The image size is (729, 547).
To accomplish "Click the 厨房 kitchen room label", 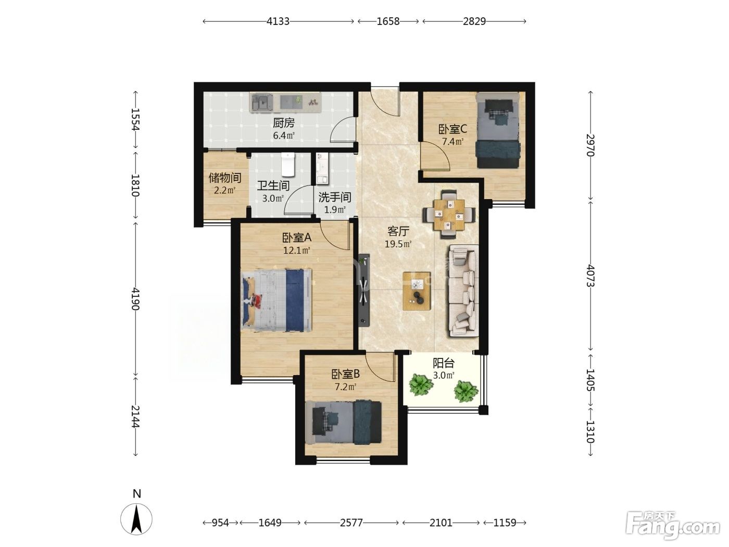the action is [284, 123].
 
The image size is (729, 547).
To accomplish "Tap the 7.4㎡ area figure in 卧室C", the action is [453, 142].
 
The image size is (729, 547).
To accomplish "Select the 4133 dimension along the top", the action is [278, 21].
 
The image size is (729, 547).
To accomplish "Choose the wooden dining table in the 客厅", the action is [449, 215].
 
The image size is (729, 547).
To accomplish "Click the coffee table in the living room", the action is [417, 291].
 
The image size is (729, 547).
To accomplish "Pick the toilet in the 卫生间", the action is [288, 164].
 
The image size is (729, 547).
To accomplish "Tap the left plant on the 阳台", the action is [421, 385].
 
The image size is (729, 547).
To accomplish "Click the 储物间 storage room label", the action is [225, 178].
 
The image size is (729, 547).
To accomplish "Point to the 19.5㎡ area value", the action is [398, 244].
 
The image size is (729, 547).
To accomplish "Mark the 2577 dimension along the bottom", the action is [351, 523].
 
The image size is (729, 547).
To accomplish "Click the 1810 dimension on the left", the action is [135, 185].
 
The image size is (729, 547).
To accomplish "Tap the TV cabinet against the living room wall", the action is [364, 291].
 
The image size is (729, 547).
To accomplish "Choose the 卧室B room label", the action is [345, 374].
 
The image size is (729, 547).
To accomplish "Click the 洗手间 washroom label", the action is [335, 197].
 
